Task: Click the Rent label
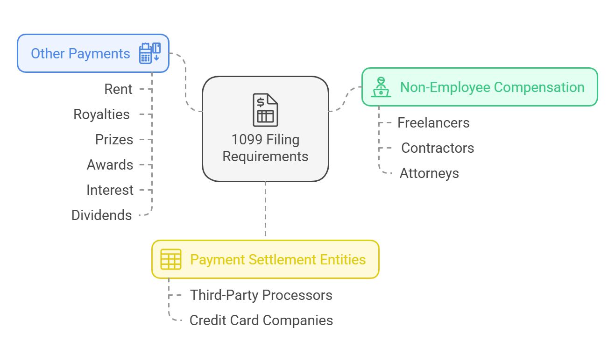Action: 118,89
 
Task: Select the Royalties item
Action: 101,114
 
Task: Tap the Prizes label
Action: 114,140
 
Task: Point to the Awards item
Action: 110,165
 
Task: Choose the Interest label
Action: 110,190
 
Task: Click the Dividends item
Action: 101,215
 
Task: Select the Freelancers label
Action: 433,123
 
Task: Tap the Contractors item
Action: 437,148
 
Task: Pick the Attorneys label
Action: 429,173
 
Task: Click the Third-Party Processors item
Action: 261,295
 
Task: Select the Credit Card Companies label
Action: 261,320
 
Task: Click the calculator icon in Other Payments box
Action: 150,53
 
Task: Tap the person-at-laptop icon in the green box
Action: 381,87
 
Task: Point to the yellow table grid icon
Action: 170,259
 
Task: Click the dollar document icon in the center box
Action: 265,110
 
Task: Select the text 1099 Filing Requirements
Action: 265,148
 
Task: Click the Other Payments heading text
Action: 80,54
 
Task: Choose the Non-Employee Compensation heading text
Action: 492,87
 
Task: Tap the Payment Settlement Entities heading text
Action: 278,260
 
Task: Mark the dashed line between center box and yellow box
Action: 265,210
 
